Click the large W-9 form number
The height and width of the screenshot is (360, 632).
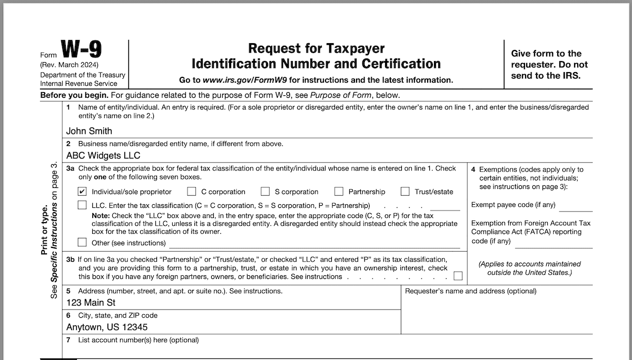click(x=82, y=50)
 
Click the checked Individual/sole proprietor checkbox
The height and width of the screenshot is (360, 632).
click(x=82, y=192)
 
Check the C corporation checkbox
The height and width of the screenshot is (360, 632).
click(x=192, y=192)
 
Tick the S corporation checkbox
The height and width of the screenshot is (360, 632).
click(x=265, y=192)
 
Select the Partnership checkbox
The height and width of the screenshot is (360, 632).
click(x=339, y=192)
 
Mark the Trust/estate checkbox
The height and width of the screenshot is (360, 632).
click(x=405, y=192)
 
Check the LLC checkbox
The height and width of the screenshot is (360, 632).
click(x=82, y=205)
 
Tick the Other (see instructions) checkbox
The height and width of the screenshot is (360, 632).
click(x=82, y=243)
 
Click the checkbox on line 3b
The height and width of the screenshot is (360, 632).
click(x=458, y=276)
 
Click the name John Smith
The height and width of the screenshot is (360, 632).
click(x=89, y=131)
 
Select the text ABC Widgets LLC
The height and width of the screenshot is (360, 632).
click(x=103, y=156)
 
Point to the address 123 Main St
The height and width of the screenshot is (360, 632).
click(x=91, y=303)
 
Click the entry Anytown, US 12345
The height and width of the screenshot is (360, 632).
click(x=107, y=327)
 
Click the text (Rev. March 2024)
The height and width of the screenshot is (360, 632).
click(x=69, y=65)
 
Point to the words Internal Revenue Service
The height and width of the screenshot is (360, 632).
click(x=78, y=84)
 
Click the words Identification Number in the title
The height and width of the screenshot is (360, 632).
click(x=274, y=64)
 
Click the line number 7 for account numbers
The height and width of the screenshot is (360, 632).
click(x=68, y=340)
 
